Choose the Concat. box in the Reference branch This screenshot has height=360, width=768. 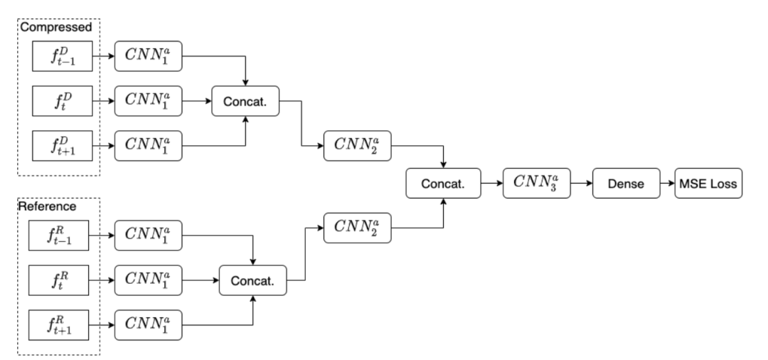point(252,281)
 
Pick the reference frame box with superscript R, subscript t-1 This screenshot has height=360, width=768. point(58,235)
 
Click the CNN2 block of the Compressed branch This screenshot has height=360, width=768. point(356,145)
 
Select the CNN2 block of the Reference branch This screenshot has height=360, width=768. point(356,228)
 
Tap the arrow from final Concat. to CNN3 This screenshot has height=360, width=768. point(492,184)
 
